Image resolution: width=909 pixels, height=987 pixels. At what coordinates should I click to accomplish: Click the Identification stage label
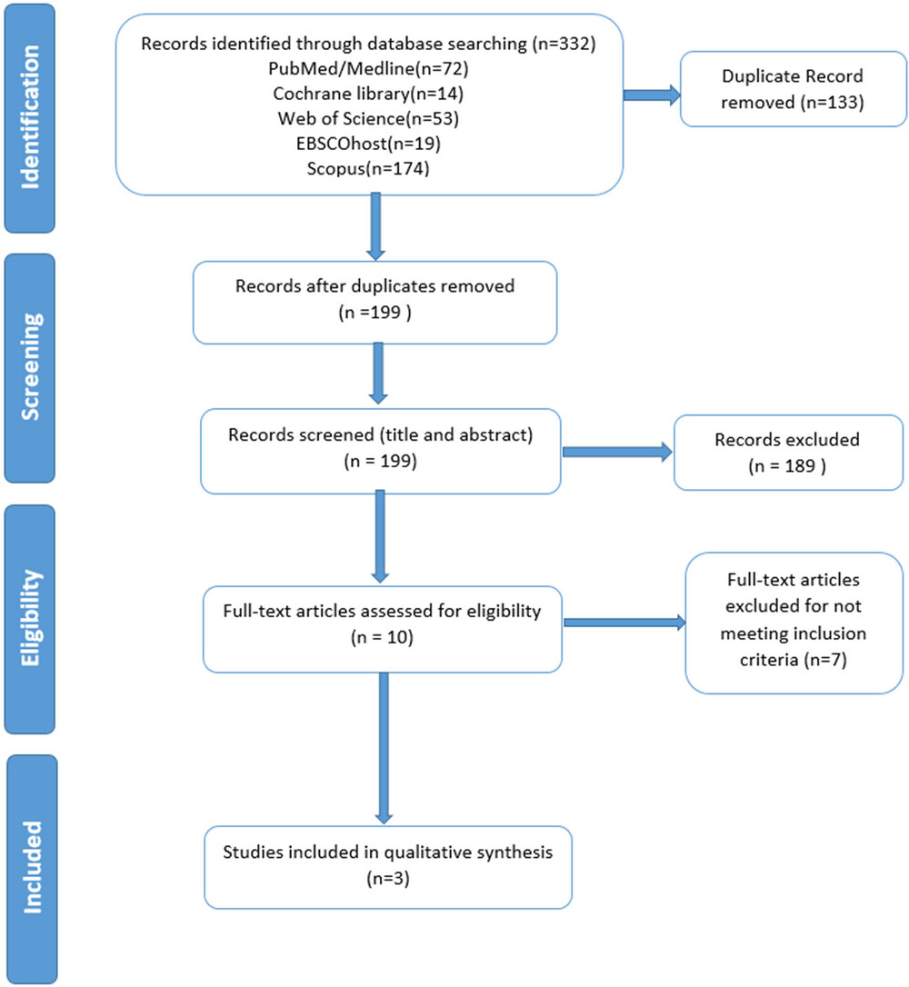coord(30,118)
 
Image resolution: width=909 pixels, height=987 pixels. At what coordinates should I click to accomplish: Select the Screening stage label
coord(30,367)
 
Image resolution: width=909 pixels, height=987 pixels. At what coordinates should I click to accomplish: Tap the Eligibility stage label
coord(30,619)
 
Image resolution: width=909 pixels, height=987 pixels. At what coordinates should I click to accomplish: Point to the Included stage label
coord(32,868)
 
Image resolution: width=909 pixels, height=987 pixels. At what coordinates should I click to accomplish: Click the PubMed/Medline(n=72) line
coord(368,68)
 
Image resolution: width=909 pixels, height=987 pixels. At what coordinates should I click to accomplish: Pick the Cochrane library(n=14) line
coord(368,94)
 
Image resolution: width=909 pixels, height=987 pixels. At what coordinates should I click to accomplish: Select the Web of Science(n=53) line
coord(368,118)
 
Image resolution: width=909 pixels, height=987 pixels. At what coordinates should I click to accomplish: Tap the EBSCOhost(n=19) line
coord(368,144)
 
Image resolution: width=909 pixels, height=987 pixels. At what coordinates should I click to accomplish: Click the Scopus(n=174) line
coord(368,169)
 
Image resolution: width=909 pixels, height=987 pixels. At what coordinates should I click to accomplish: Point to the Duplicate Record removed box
coord(794,89)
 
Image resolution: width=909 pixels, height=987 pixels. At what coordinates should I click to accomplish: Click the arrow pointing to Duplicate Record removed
coord(652,95)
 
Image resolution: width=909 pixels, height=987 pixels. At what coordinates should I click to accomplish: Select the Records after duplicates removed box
coord(375,302)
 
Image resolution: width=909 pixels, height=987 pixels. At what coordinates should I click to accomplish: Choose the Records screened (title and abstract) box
coord(380,451)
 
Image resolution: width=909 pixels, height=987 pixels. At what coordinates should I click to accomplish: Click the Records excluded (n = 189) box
coord(788,452)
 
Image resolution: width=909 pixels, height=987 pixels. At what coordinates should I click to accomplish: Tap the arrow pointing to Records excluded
coord(617,452)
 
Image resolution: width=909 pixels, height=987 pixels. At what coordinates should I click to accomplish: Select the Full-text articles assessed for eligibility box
coord(382,629)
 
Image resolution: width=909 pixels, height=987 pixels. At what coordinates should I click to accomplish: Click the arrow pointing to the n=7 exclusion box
coord(624,623)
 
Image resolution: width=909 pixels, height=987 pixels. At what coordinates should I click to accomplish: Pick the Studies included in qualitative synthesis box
coord(388,867)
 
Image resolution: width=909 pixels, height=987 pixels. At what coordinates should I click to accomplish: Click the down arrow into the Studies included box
coord(384,749)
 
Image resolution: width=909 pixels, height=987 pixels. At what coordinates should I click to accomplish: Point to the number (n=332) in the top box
coord(564,44)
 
